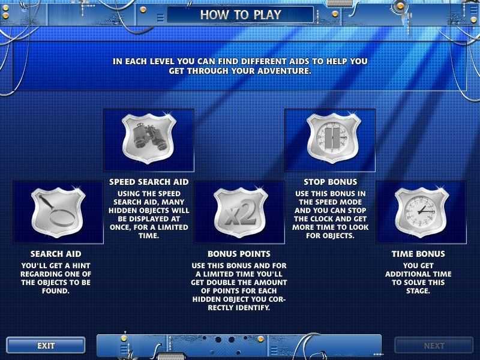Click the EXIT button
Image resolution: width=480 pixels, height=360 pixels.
(46, 346)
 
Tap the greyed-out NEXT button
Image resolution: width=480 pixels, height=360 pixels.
(434, 346)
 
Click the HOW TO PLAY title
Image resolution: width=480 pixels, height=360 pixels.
(241, 14)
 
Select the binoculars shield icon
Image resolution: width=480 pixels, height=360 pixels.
(149, 139)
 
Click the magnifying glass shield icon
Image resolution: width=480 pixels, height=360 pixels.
(58, 212)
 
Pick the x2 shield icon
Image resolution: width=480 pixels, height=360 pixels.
(241, 212)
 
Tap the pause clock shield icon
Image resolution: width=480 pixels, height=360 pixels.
(334, 138)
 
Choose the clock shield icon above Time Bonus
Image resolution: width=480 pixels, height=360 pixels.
(422, 212)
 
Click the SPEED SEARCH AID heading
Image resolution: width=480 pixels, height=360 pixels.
(149, 182)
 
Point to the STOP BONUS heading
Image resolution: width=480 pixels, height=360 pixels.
(331, 182)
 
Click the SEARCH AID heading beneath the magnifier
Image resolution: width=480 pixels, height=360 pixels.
(56, 254)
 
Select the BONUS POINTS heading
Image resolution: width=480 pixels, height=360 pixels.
(239, 254)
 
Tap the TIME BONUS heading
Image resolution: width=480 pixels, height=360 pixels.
(418, 254)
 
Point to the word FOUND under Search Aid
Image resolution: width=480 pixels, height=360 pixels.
(55, 291)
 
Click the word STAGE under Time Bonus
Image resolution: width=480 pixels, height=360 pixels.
(418, 291)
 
